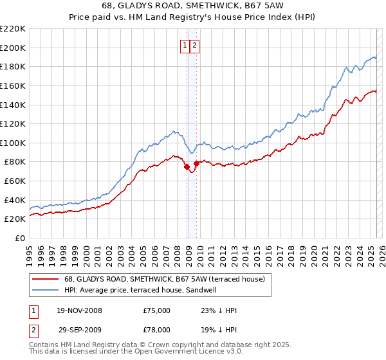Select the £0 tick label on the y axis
pyautogui.click(x=19, y=239)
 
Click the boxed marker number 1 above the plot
pyautogui.click(x=185, y=45)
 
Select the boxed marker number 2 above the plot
pyautogui.click(x=194, y=45)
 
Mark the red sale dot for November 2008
pyautogui.click(x=187, y=166)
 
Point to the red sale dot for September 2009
pyautogui.click(x=196, y=163)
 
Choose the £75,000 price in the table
pyautogui.click(x=157, y=310)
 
